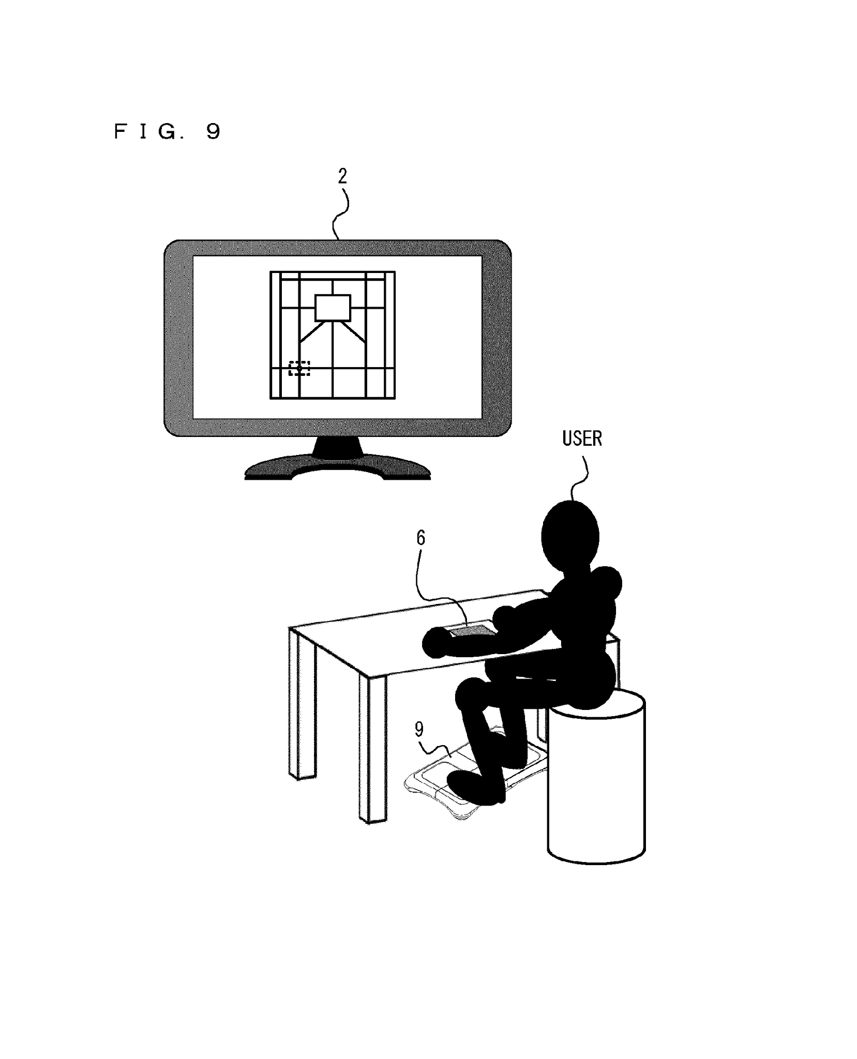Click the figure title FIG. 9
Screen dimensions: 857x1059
coord(167,131)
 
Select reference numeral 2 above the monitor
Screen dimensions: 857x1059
coord(342,177)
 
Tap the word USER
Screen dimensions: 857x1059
coord(582,438)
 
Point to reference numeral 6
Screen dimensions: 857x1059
coord(420,538)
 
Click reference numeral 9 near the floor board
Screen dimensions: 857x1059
coord(419,729)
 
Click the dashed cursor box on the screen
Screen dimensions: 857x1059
coord(299,368)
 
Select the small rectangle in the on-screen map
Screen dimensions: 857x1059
coord(333,308)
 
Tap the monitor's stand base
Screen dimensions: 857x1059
coord(337,467)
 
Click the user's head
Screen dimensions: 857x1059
coord(570,535)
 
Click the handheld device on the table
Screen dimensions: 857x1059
coord(468,631)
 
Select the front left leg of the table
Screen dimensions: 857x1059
coord(302,706)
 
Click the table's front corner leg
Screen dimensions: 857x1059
coord(372,749)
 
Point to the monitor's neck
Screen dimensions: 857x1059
coord(337,448)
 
